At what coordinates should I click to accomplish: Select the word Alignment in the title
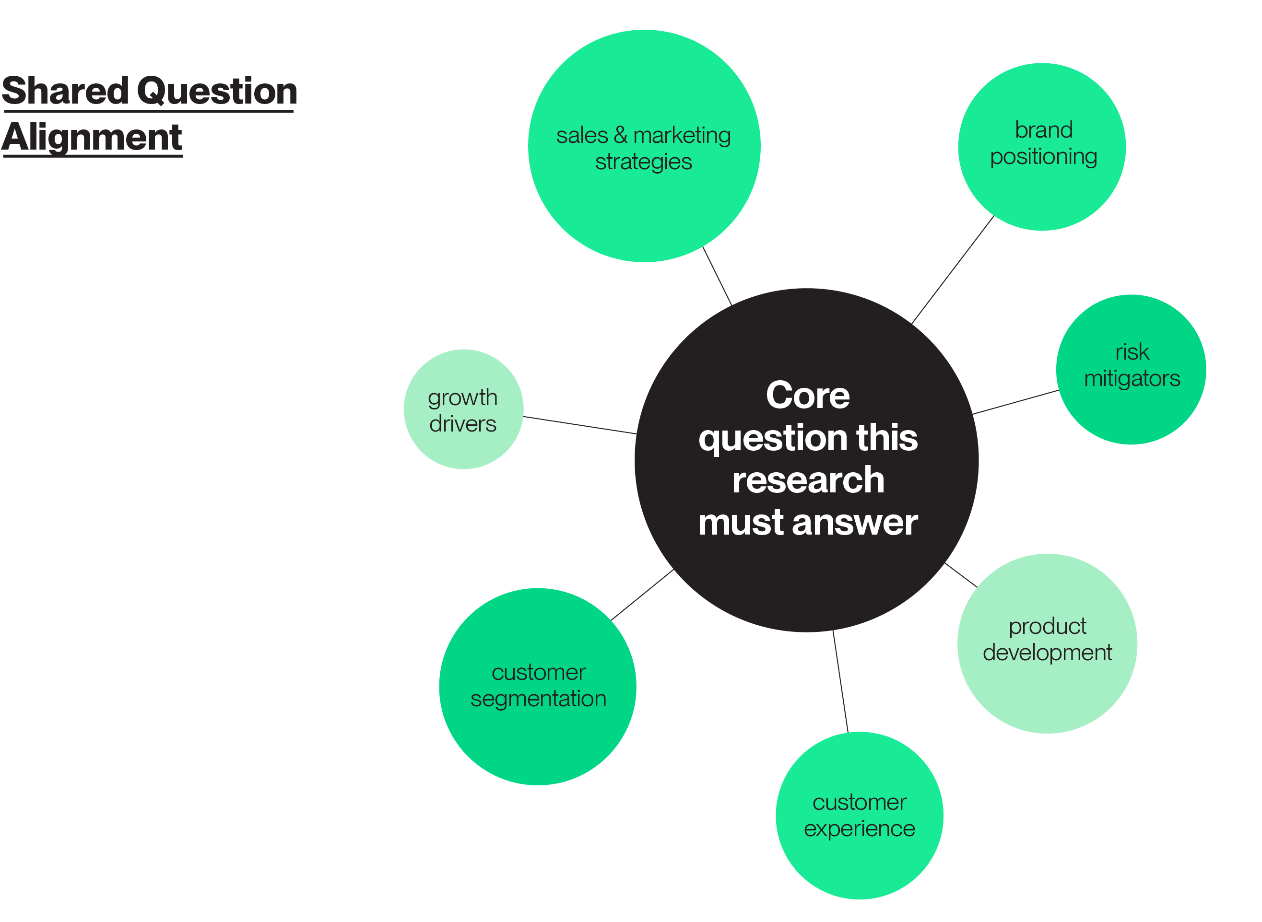click(92, 137)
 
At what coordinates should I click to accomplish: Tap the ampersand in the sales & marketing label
click(620, 135)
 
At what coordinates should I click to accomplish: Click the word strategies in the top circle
click(643, 162)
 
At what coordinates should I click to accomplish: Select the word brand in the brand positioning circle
click(1043, 130)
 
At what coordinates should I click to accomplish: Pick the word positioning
click(1043, 157)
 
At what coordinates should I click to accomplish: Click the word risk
click(1132, 352)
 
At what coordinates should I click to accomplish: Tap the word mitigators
click(1132, 378)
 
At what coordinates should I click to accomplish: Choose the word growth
click(462, 398)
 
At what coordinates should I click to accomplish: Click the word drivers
click(462, 424)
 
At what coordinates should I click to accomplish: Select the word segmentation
click(538, 699)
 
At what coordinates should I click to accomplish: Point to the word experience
click(859, 829)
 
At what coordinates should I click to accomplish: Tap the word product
click(1047, 626)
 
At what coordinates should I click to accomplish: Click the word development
click(1047, 653)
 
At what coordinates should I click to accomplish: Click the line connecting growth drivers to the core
click(579, 425)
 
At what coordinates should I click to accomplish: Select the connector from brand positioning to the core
click(953, 269)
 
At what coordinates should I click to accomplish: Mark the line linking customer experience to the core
click(840, 681)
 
